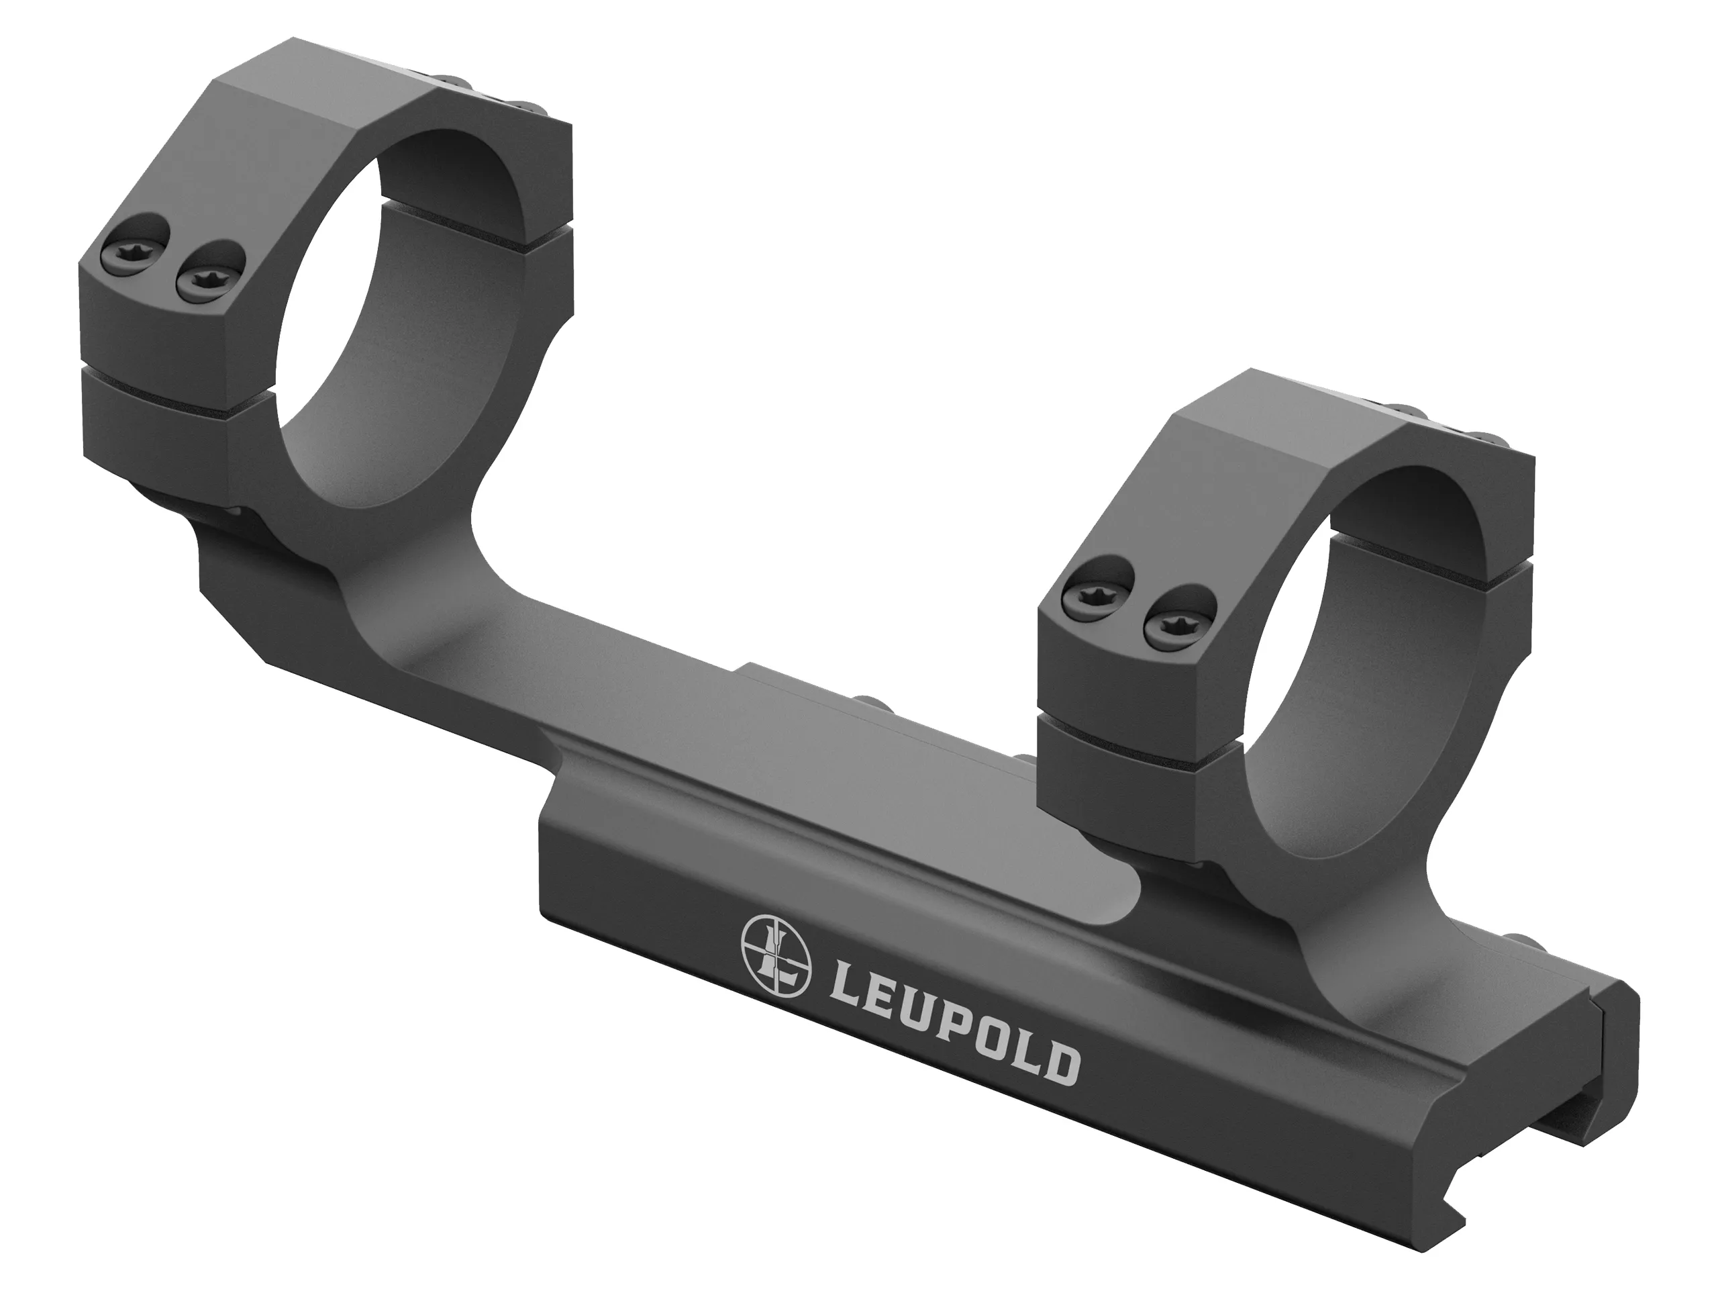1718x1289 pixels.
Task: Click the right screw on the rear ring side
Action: click(209, 280)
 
